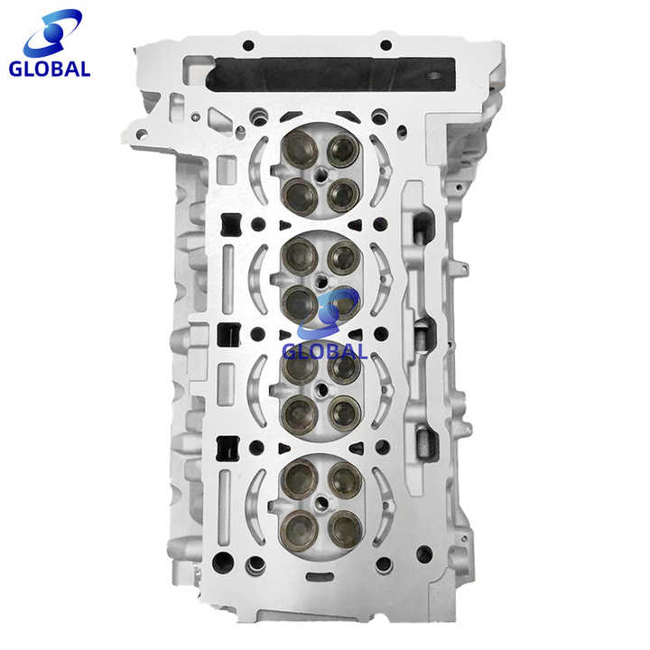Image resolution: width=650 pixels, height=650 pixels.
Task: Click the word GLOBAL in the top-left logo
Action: pos(51,70)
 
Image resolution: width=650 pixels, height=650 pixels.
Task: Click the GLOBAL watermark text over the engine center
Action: pos(325,351)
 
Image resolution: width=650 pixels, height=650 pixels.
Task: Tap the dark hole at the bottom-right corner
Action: pos(423,551)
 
